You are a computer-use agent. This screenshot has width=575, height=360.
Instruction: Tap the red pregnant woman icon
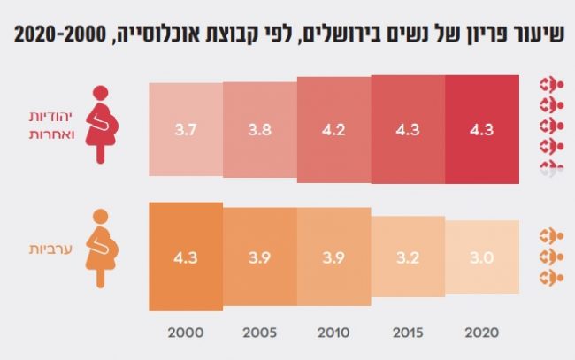104,125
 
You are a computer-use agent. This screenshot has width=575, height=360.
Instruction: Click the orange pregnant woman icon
102,247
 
